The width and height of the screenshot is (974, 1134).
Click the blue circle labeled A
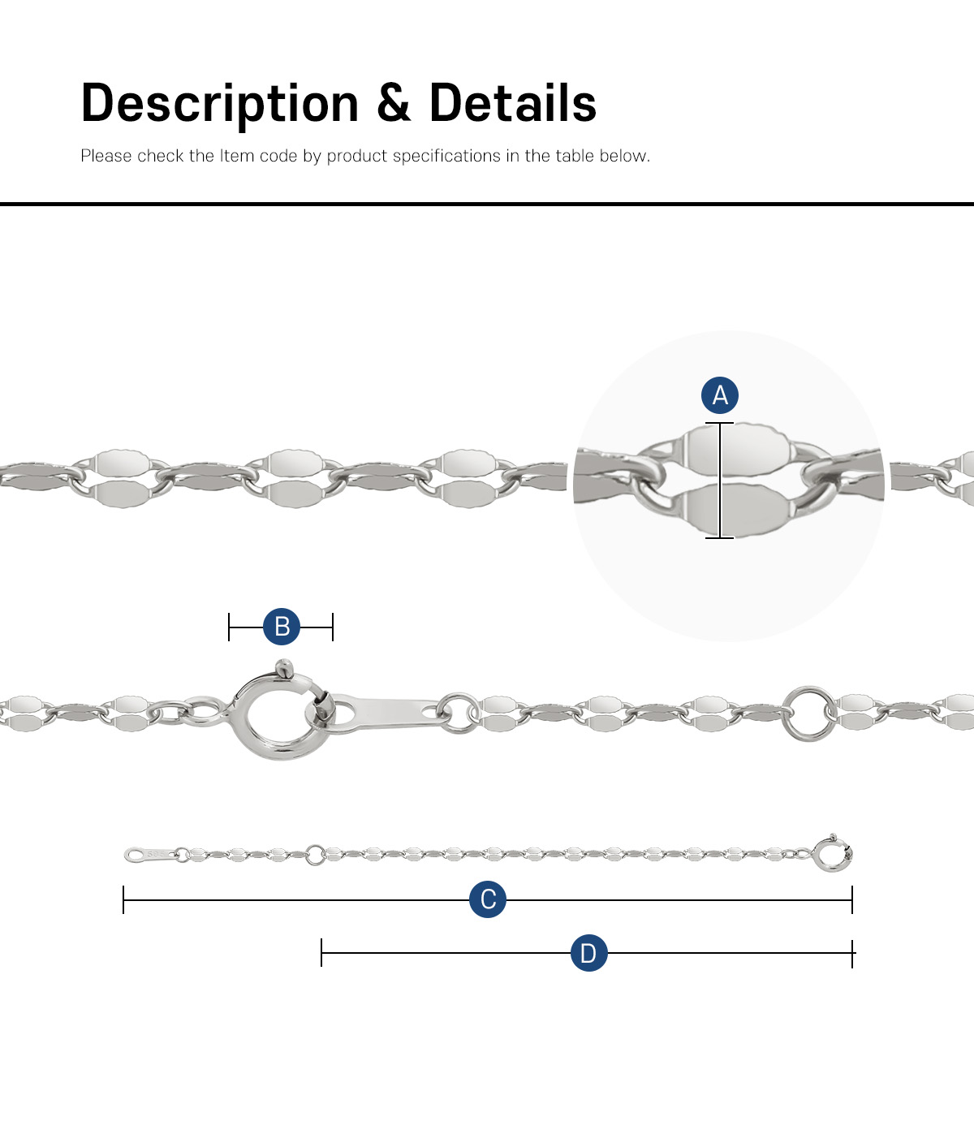pos(719,395)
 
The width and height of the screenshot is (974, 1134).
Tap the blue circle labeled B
pos(282,627)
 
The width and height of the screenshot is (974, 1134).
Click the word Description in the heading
pos(219,104)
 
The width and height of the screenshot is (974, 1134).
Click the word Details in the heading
pos(512,102)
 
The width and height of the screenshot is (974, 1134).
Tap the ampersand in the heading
pos(394,102)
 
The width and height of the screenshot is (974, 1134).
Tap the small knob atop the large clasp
pos(284,669)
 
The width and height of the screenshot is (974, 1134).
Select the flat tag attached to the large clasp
pos(387,713)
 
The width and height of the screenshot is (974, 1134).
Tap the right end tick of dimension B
pos(333,627)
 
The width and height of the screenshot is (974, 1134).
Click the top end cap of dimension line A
pos(719,423)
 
